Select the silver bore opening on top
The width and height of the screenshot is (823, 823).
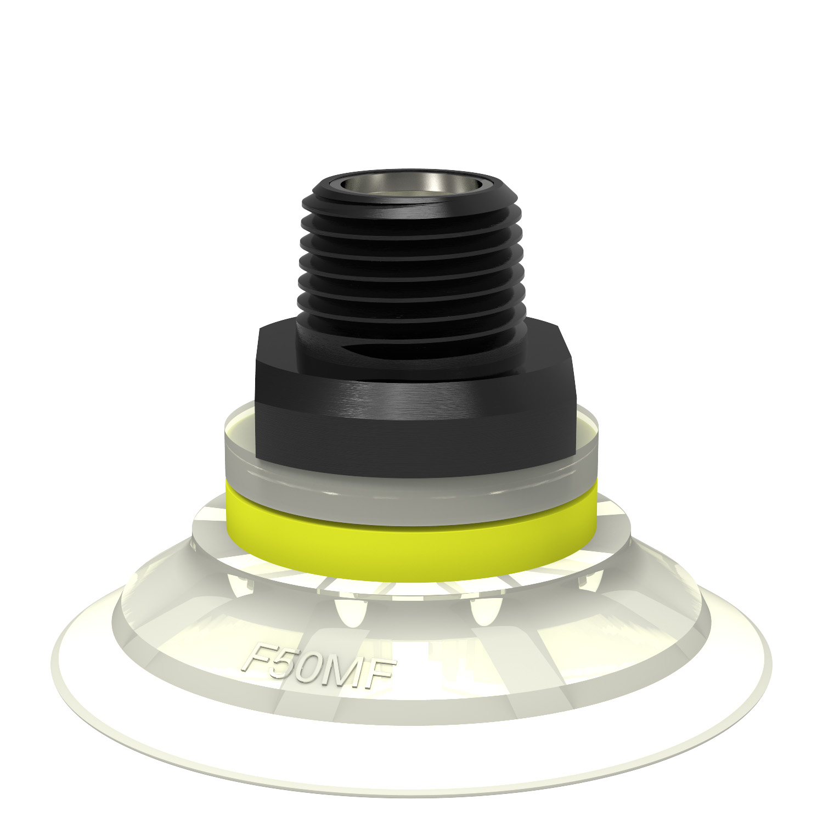coord(410,184)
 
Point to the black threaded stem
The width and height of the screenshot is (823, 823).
coord(410,258)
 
